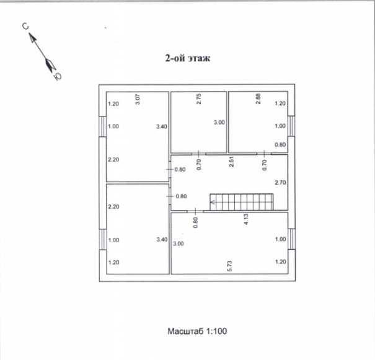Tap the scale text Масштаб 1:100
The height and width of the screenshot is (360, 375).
[197, 331]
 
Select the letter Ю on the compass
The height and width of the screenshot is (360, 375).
[57, 76]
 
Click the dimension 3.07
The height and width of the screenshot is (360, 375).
[138, 98]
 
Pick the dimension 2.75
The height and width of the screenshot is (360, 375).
[199, 98]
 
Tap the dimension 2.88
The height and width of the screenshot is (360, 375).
[258, 98]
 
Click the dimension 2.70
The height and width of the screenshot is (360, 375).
[279, 183]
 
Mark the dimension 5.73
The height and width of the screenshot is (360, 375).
[229, 266]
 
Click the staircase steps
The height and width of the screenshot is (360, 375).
[242, 202]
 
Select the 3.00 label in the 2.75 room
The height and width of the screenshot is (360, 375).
[219, 123]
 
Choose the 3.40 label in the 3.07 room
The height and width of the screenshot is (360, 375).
[161, 126]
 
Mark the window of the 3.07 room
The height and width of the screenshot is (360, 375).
[102, 126]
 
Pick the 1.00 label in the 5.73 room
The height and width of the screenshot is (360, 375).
[280, 239]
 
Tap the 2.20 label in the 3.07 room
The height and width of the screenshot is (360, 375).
[113, 159]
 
